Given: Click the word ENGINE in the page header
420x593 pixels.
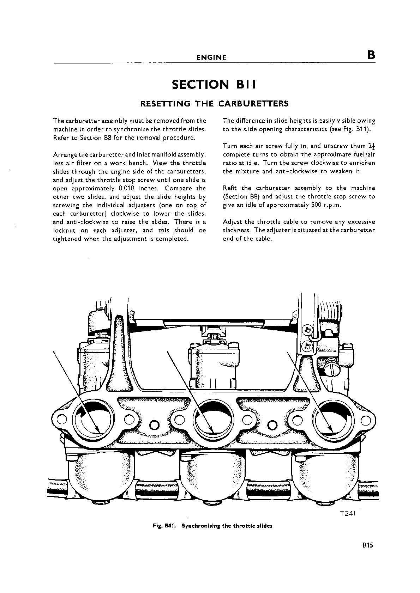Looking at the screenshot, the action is (211, 57).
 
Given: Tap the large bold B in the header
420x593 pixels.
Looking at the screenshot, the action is (371, 55).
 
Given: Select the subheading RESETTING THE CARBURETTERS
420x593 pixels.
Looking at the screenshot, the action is (214, 104).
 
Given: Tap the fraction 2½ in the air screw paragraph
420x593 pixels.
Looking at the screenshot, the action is (372, 146).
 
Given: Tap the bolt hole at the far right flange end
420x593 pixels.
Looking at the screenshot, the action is (365, 420).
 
